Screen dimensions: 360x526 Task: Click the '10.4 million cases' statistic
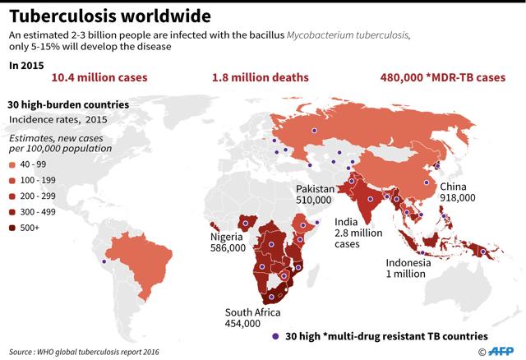(x=99, y=78)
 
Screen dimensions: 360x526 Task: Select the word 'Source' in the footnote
(x=24, y=352)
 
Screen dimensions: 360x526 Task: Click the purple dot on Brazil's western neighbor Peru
(x=104, y=262)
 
